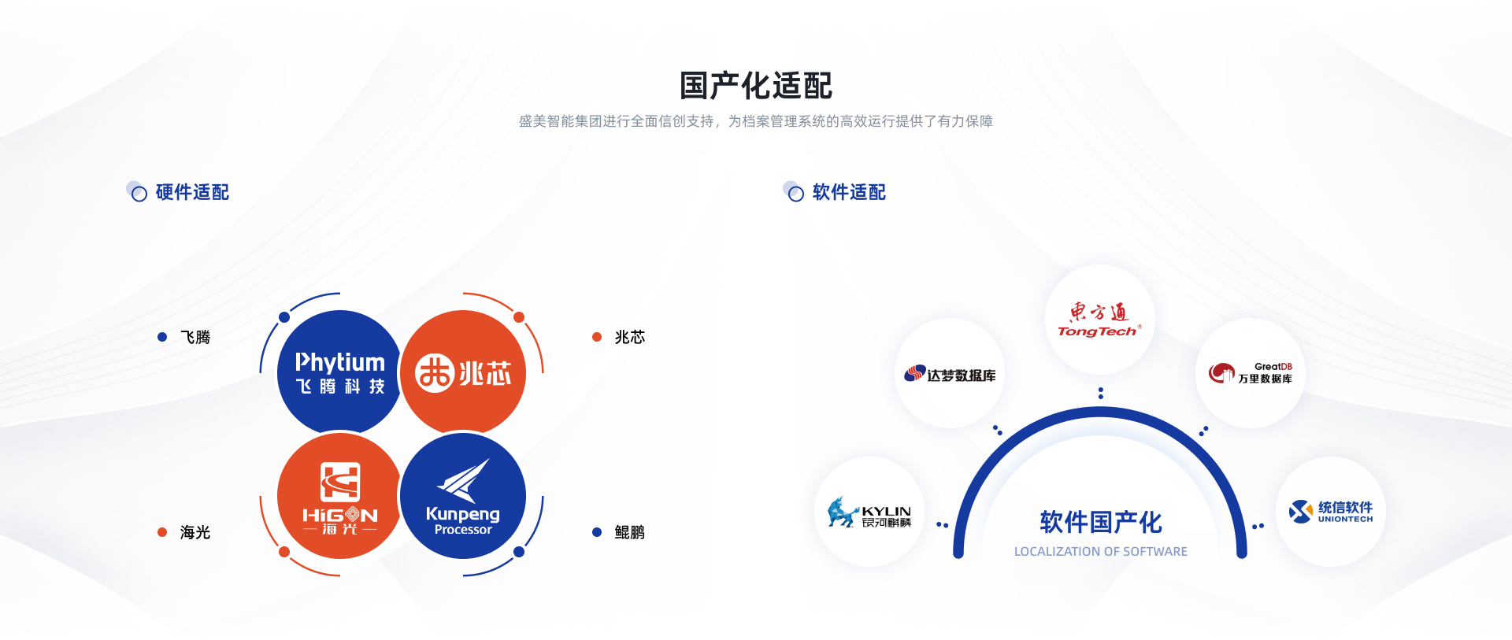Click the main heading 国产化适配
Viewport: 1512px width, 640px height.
coord(756,86)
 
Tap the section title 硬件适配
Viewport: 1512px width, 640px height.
coord(192,192)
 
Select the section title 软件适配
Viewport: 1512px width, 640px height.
coord(849,192)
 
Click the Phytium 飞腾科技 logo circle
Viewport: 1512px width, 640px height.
coord(339,372)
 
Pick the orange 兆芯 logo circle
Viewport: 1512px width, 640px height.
coord(463,372)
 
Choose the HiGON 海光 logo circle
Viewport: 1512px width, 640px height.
coord(339,496)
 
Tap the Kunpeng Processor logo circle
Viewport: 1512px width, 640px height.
coord(463,496)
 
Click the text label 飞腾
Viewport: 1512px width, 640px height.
coord(195,337)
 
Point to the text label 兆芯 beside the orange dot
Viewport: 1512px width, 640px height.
coord(630,337)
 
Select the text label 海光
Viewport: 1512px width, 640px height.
coord(195,532)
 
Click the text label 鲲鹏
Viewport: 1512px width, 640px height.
coord(630,532)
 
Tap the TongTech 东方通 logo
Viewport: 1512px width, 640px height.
coord(1099,320)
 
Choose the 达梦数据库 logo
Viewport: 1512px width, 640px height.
coord(950,374)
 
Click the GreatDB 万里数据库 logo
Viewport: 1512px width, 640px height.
coord(1251,372)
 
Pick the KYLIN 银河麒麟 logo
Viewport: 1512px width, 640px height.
coord(869,512)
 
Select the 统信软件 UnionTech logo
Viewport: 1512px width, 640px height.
coord(1331,512)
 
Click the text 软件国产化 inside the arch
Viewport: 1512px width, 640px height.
coord(1101,522)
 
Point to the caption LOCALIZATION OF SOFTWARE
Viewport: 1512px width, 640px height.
coord(1101,552)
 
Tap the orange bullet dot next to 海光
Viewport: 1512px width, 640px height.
coord(162,532)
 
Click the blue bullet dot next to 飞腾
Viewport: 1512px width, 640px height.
coord(162,337)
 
